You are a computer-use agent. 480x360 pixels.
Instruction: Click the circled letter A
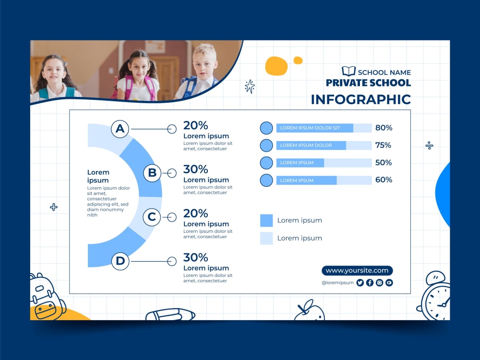tap(120, 129)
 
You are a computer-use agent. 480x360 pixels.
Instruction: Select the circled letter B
tap(152, 173)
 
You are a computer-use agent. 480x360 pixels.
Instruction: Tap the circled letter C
tap(152, 217)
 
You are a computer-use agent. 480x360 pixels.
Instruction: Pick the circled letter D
tap(120, 261)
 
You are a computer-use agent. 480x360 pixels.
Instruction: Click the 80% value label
tap(384, 128)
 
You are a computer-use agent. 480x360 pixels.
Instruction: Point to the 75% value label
tap(383, 145)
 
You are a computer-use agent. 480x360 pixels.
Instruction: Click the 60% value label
tap(384, 180)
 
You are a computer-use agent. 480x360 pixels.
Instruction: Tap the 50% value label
tap(384, 163)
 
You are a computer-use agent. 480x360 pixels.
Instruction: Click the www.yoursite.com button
tap(357, 271)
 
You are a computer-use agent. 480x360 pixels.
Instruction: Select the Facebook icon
tap(370, 283)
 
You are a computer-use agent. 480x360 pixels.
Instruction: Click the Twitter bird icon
tap(360, 283)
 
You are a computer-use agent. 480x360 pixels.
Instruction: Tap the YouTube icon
tap(389, 283)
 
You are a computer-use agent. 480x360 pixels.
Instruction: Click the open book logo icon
tap(348, 72)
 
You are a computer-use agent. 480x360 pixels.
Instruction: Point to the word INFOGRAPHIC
tap(361, 99)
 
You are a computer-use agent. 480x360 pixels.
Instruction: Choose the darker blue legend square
tap(266, 220)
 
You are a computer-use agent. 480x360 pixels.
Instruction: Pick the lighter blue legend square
tap(266, 238)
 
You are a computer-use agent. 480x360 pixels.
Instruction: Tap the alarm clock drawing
tap(436, 298)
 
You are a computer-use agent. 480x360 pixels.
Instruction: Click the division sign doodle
tap(430, 145)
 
